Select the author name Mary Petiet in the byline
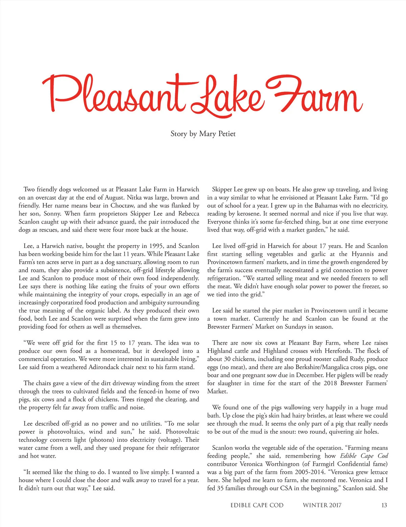pos(217,134)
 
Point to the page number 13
pos(384,505)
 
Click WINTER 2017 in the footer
pos(322,505)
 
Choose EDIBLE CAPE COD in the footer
pos(257,505)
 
